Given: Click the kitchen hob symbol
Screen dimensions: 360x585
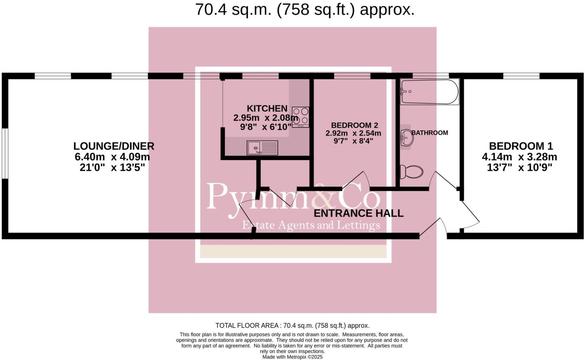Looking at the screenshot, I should tap(301, 117).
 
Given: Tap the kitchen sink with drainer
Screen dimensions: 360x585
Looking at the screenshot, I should tap(262, 148).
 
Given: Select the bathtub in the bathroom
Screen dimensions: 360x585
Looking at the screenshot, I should tap(429, 92).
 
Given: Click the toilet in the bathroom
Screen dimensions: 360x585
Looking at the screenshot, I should tap(411, 172).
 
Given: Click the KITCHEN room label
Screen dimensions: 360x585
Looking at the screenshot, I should tap(267, 108).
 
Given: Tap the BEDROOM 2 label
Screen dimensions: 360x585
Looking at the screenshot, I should tap(354, 125).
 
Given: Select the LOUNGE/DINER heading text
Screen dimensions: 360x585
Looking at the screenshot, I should tap(114, 146).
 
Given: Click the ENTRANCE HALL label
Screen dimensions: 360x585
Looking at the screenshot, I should tap(358, 213).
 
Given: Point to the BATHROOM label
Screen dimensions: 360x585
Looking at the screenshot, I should tap(430, 133).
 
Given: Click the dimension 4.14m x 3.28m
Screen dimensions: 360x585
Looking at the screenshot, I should tap(519, 157).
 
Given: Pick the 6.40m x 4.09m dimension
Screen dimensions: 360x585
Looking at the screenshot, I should tap(112, 157).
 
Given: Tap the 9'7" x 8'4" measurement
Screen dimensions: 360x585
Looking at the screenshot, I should tap(353, 141).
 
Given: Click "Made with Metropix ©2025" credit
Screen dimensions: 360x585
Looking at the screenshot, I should tap(292, 357).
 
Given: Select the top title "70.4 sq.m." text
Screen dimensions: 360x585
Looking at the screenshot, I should tap(233, 9).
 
